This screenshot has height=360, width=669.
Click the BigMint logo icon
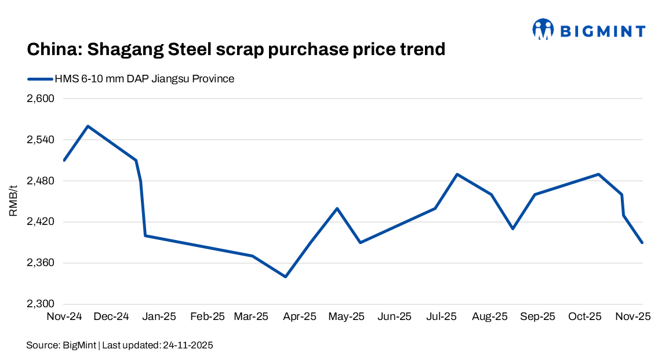pos(543,29)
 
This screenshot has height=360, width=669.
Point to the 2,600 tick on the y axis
pos(40,99)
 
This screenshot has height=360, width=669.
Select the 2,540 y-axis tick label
pos(40,140)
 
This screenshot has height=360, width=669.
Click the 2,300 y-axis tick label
pos(40,304)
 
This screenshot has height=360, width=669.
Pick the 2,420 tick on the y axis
pos(40,222)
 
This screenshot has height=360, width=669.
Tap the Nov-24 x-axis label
pos(63,317)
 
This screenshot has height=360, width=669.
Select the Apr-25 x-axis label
pos(300,317)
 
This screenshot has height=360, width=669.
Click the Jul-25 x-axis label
pos(442,317)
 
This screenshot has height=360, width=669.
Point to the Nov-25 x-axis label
pos(633,317)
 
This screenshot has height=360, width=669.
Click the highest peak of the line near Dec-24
pos(88,126)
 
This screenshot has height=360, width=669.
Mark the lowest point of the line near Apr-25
pos(285,277)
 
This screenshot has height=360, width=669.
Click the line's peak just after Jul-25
pos(457,174)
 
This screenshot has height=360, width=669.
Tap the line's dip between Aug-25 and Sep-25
pos(512,228)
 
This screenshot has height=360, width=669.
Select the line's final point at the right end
pos(642,242)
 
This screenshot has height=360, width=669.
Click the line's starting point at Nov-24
pos(64,160)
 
